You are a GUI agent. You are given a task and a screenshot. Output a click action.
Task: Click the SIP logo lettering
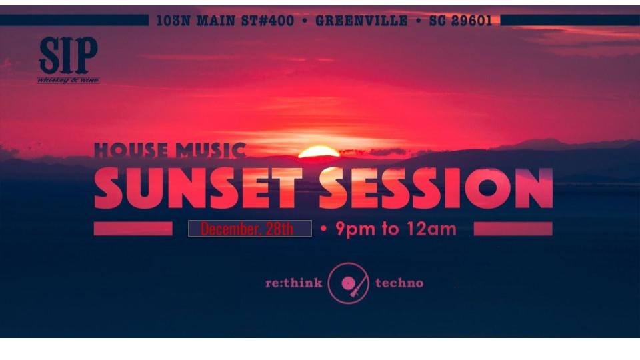68,55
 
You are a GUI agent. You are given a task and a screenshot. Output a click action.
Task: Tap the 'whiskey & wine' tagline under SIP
68,80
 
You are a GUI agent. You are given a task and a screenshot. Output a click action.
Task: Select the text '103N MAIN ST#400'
225,21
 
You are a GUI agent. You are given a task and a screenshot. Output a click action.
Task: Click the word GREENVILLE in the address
361,21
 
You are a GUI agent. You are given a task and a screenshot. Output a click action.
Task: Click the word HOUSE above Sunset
130,150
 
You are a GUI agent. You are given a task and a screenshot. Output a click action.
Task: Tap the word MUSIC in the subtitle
211,150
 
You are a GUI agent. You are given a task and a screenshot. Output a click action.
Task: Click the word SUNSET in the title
198,188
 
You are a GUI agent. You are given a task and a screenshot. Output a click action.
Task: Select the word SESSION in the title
436,188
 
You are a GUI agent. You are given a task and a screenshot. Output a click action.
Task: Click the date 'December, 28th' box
250,229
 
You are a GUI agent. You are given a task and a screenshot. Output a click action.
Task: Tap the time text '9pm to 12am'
395,229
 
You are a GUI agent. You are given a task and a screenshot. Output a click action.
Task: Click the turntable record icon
348,283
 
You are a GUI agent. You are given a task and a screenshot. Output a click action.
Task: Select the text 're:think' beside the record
293,283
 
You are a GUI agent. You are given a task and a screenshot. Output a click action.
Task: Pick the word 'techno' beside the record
399,283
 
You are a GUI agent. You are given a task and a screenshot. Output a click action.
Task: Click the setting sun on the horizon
319,152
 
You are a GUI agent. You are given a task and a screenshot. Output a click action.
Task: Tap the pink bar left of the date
133,229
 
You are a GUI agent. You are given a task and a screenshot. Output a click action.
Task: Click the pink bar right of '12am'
513,229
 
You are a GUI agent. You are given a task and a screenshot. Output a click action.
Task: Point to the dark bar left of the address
74,20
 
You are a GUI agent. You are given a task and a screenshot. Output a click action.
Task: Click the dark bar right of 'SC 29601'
570,20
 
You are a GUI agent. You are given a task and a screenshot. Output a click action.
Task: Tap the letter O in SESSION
487,188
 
